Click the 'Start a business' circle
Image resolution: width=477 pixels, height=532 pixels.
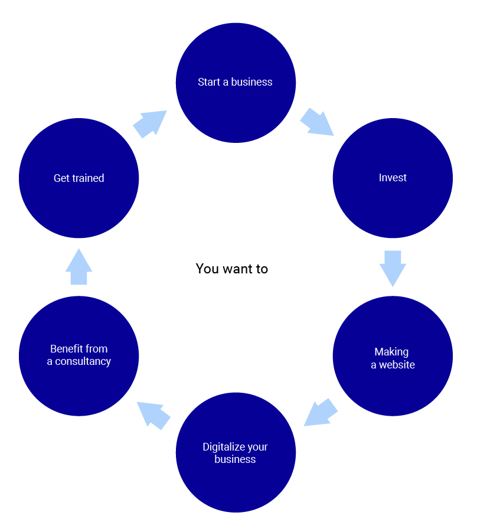(x=236, y=83)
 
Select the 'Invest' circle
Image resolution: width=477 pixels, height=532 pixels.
(x=393, y=178)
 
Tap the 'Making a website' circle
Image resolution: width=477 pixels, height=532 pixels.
(x=393, y=356)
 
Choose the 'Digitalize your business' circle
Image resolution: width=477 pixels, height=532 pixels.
(x=236, y=452)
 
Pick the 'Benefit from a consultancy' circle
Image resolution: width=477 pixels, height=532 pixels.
(x=79, y=356)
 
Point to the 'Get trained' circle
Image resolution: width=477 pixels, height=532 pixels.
(x=79, y=178)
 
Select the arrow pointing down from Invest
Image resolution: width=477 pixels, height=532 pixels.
(x=393, y=267)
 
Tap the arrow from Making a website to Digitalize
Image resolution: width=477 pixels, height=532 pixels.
(x=319, y=412)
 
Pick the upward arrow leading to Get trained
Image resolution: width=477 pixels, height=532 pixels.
(x=79, y=267)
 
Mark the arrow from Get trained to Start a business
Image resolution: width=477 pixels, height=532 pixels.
(x=151, y=123)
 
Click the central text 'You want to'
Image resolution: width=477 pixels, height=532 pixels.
(x=232, y=269)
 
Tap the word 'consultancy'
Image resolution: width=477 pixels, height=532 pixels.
(x=83, y=361)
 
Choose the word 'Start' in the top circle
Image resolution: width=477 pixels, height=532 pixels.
(x=208, y=82)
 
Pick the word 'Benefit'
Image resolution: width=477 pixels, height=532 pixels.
(x=66, y=349)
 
